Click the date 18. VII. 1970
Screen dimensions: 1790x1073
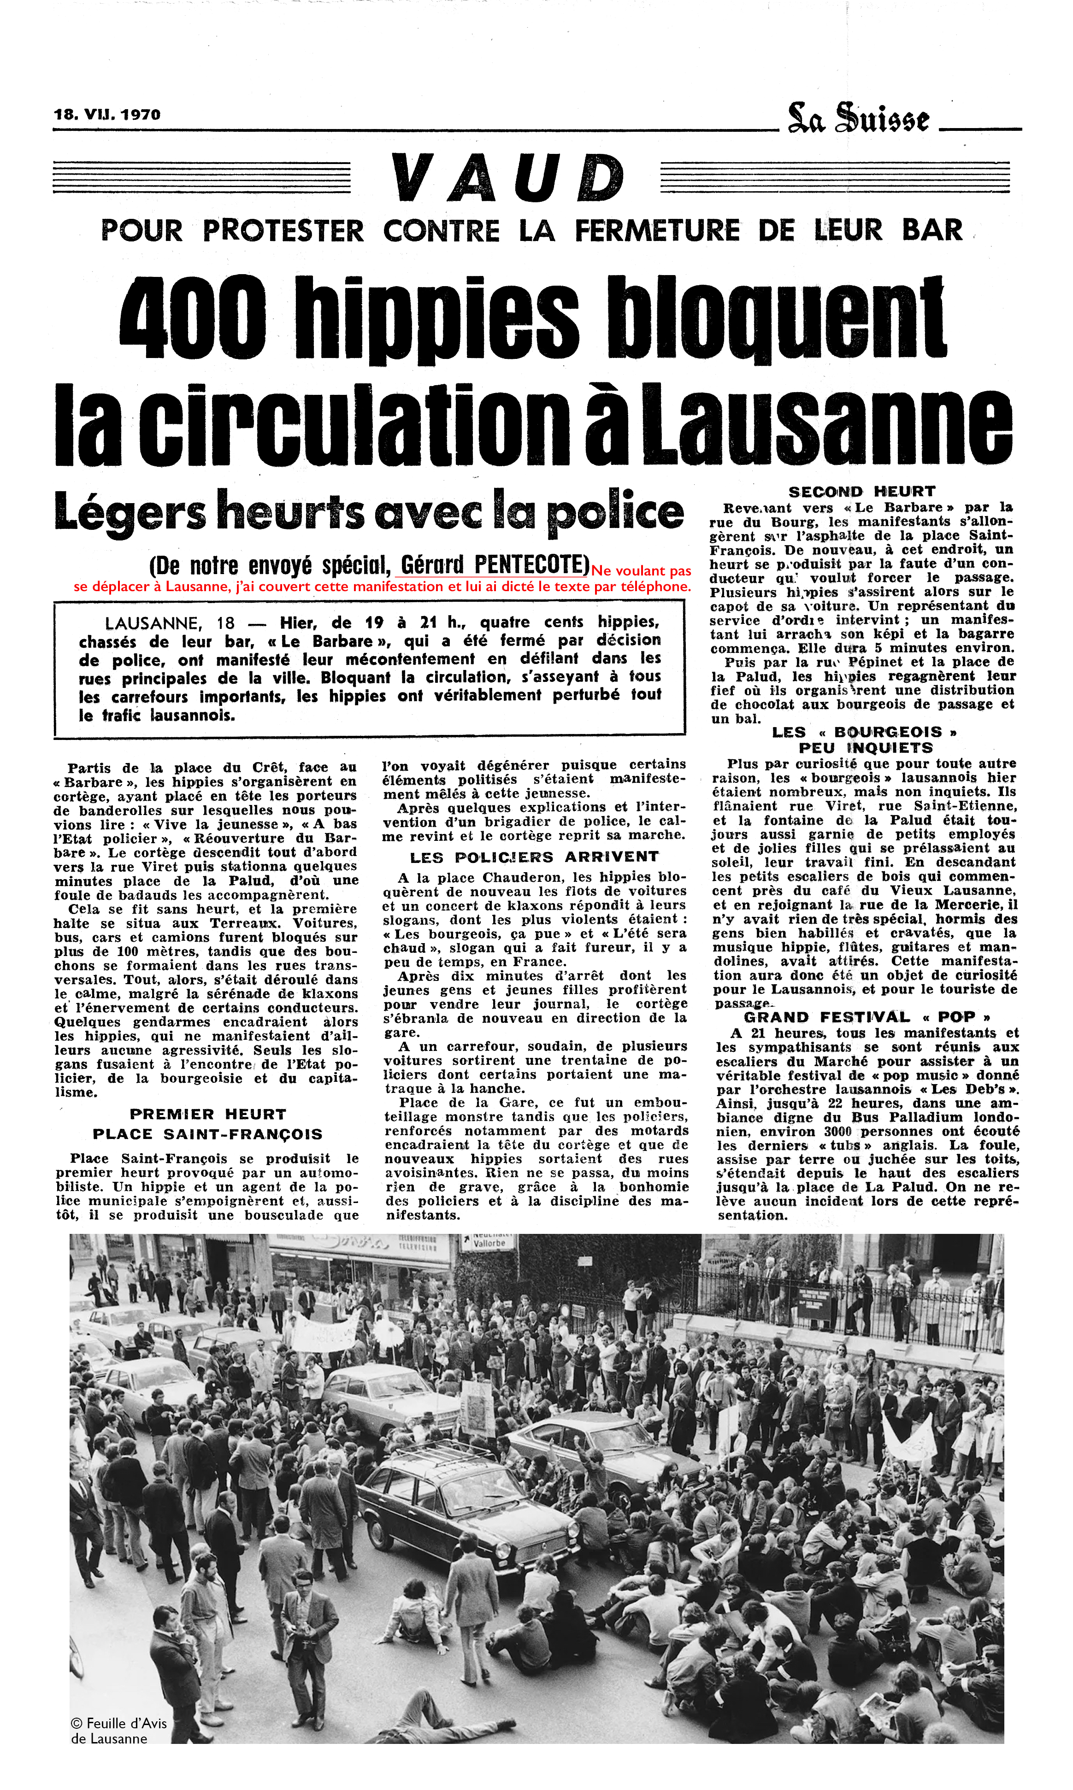107,114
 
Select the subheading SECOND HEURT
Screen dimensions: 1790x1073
862,492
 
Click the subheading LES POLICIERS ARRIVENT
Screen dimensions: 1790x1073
534,857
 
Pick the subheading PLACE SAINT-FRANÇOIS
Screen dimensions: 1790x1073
207,1134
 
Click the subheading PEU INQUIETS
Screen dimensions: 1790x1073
866,747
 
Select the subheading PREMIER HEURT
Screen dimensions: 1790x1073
207,1115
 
